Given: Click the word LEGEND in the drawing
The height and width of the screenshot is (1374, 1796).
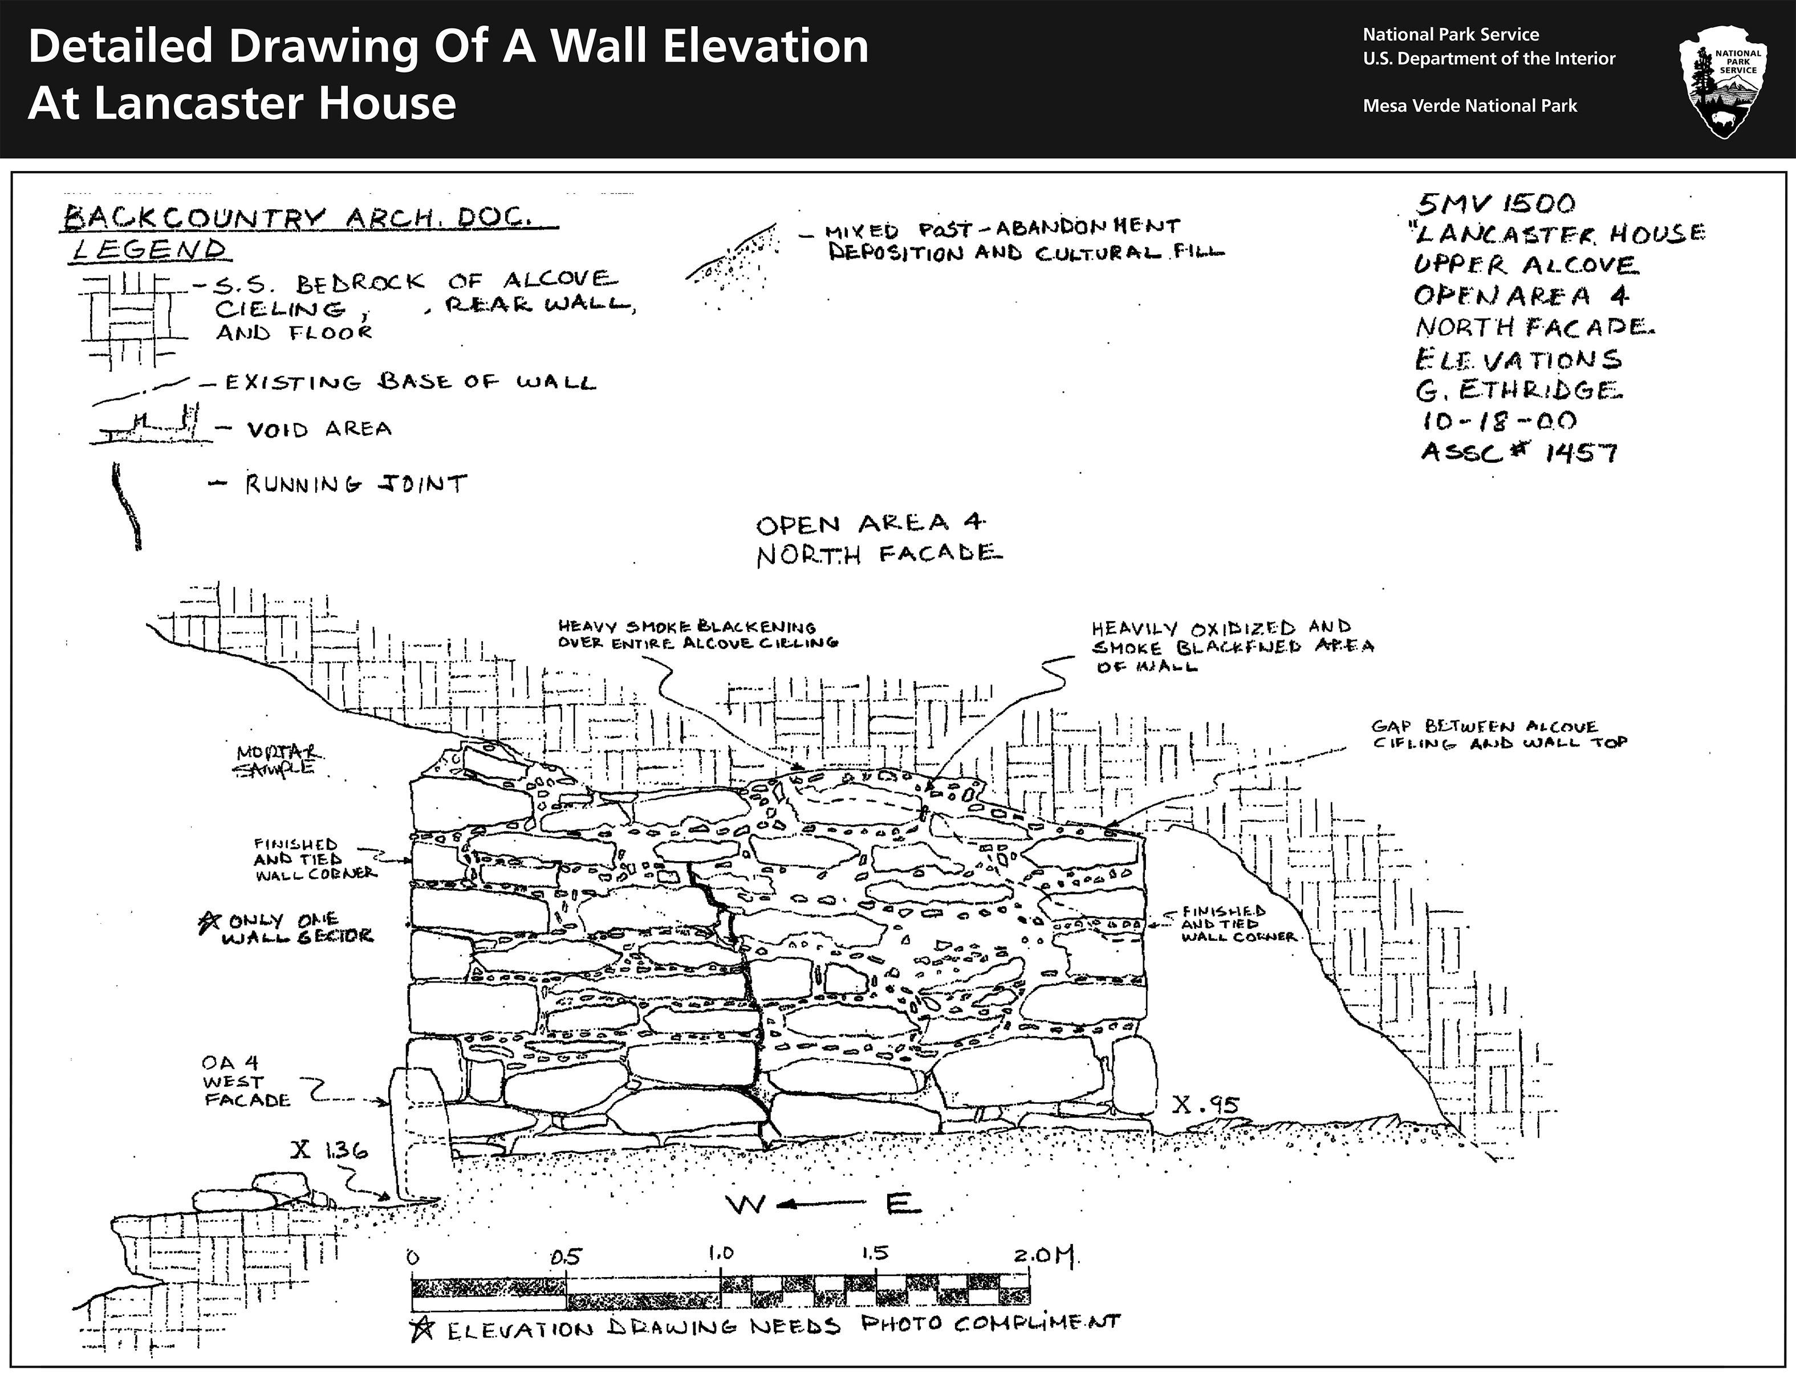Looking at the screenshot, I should coord(147,248).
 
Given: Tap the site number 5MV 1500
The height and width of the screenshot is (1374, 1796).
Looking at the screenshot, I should coord(1495,203).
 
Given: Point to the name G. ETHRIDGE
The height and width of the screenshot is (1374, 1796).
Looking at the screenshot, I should coord(1518,390).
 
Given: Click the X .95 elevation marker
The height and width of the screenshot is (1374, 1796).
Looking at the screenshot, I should coord(1205,1105).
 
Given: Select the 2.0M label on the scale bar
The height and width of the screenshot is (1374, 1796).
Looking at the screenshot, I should coord(1046,1254).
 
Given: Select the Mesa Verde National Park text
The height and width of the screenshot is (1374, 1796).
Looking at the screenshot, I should coord(1469,105).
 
